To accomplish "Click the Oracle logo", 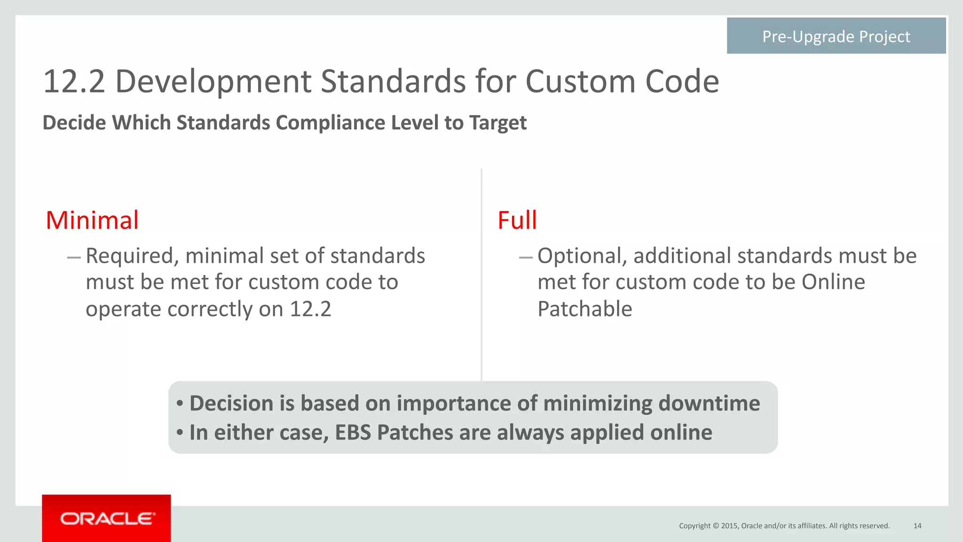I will tap(107, 518).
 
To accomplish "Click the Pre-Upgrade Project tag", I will tap(836, 36).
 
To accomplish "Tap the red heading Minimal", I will tap(92, 220).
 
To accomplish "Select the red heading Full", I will tap(517, 220).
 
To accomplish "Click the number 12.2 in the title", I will tap(74, 82).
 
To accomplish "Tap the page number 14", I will tap(917, 526).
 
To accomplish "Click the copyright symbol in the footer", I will tap(716, 526).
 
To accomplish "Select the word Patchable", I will tap(584, 309).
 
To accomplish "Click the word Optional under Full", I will tap(582, 256).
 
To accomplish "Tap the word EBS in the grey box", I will tap(353, 432).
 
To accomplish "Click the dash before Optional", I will tap(526, 257).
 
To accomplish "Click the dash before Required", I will tap(74, 257).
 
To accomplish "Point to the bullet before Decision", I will tap(180, 403).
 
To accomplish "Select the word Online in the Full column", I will tap(833, 282).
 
